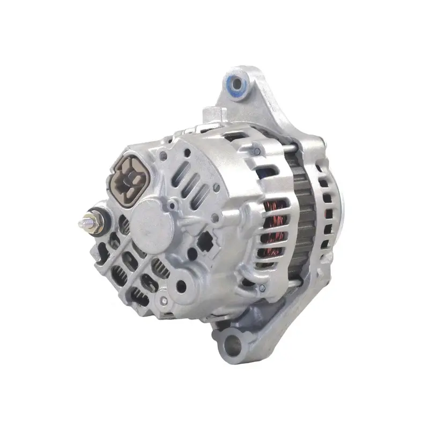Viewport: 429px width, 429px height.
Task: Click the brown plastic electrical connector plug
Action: (x=129, y=176)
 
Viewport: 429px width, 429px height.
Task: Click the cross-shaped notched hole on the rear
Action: (x=205, y=243)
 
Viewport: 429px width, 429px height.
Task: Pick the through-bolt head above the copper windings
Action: (x=257, y=152)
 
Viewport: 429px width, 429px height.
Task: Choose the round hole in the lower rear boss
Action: (x=181, y=286)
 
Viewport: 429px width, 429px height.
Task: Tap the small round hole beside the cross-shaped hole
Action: (x=214, y=218)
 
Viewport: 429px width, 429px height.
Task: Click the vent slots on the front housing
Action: (x=325, y=214)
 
